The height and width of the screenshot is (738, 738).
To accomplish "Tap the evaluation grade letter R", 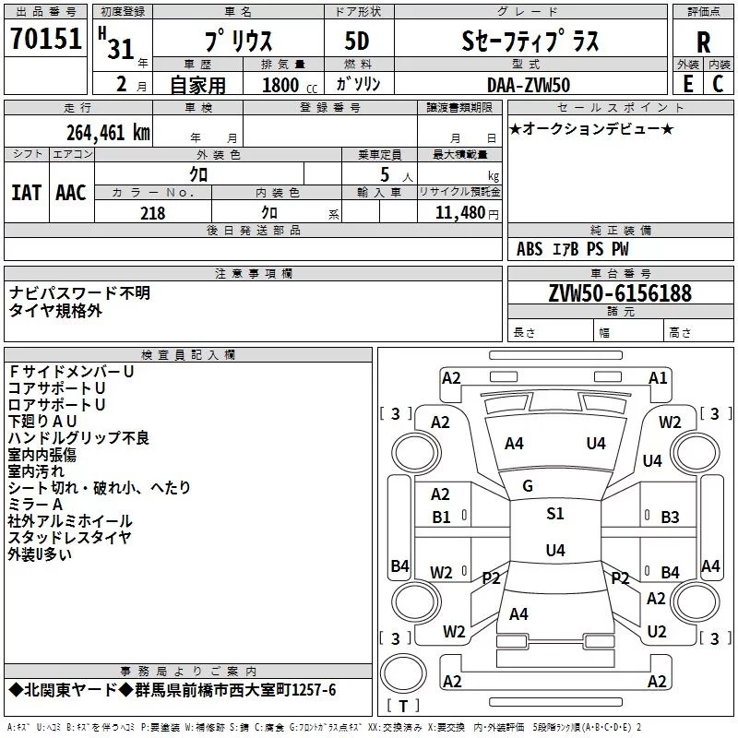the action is point(703,42).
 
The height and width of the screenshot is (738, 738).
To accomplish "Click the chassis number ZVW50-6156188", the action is point(619,293).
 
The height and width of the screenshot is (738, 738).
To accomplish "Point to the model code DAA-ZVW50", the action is point(529,84).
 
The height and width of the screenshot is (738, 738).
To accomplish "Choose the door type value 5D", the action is point(357,42).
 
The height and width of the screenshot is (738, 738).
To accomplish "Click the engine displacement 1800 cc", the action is point(281,85).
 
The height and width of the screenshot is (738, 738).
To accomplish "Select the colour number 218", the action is point(152,213).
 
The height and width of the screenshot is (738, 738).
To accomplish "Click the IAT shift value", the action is point(26,192).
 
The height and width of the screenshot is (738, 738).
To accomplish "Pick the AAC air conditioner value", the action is point(70,192).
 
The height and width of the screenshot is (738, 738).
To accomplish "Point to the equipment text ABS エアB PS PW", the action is point(573,249).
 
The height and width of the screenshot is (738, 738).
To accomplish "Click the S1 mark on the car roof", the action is point(554,514).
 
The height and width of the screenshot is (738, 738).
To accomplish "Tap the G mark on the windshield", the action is point(528,486).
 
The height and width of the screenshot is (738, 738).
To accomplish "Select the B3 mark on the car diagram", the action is point(670,517).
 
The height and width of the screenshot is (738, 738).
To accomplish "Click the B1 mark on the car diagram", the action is point(442,517).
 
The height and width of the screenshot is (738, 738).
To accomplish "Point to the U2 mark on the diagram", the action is point(656,632).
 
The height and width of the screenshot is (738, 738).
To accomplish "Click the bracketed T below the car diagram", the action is point(402,708).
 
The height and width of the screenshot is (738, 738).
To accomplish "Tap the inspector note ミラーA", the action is point(35,505).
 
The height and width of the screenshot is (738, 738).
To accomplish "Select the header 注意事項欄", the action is point(254,274).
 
